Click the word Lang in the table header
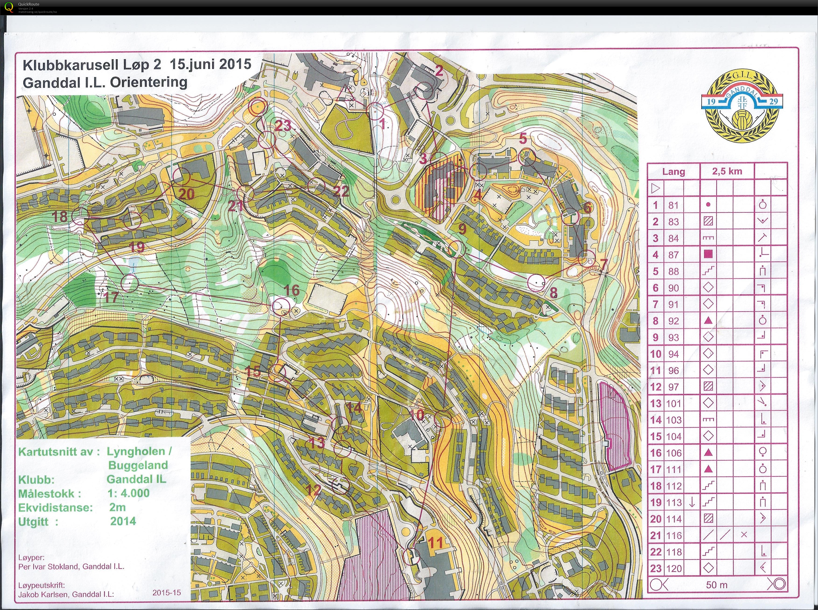click(x=673, y=172)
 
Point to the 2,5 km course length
click(x=727, y=171)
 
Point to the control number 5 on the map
click(x=523, y=139)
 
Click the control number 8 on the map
click(x=553, y=293)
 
